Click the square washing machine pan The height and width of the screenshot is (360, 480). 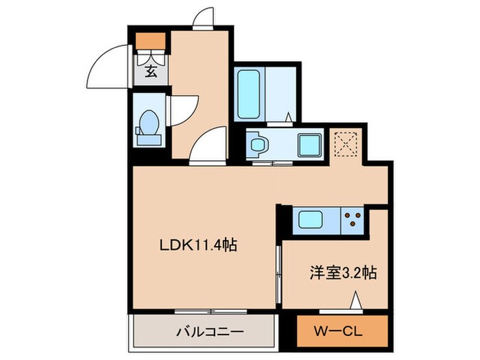click(x=309, y=144)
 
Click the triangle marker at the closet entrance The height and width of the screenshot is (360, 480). click(x=356, y=301)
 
